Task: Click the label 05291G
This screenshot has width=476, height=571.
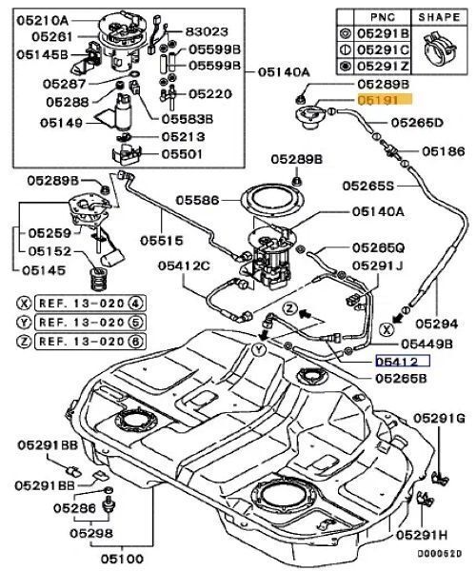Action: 444,418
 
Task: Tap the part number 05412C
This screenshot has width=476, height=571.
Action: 185,267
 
